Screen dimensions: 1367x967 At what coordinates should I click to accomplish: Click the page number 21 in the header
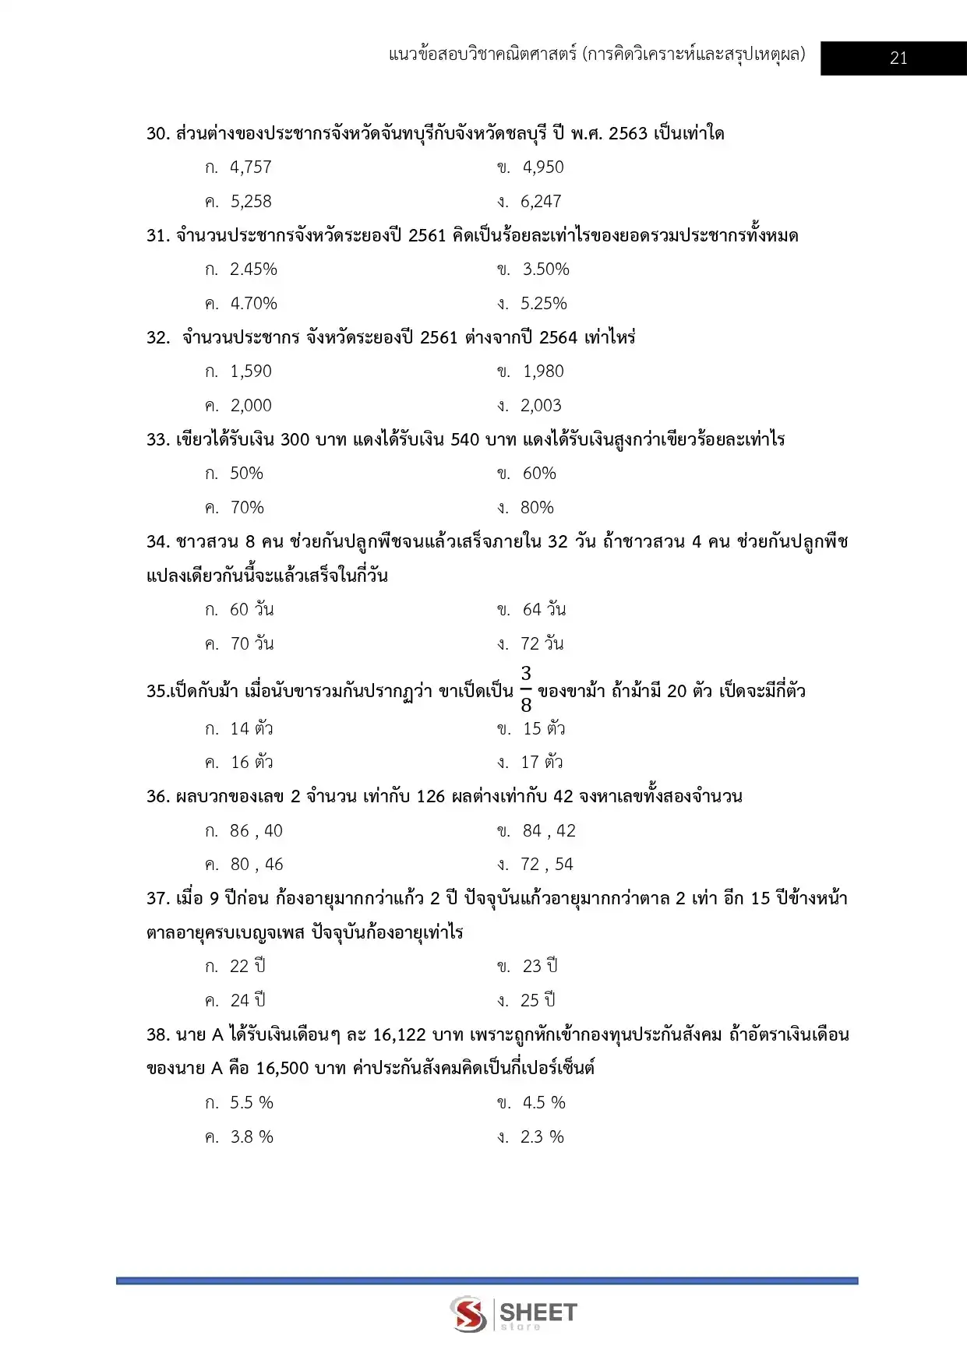click(898, 58)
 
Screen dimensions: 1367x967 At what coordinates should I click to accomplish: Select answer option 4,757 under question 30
click(250, 167)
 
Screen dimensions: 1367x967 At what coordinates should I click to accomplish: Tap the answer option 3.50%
click(545, 270)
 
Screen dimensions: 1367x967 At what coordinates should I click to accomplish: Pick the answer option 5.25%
click(543, 304)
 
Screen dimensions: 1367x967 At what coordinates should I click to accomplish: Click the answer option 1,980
click(542, 372)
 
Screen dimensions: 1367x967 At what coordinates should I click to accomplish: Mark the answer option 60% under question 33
click(538, 474)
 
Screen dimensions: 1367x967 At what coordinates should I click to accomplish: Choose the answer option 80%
click(537, 508)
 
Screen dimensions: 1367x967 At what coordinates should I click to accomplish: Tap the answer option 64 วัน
click(543, 610)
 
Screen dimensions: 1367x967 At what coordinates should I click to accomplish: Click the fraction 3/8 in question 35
click(526, 689)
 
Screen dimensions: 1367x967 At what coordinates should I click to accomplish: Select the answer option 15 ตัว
click(543, 729)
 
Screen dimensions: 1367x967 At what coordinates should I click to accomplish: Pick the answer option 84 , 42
click(549, 831)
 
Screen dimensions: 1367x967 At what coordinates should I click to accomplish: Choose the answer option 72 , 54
click(546, 865)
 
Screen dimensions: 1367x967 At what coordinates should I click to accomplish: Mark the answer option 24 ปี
click(248, 1000)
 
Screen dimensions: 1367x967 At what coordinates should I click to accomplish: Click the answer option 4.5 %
click(543, 1103)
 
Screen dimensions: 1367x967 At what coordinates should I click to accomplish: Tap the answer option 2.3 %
click(542, 1137)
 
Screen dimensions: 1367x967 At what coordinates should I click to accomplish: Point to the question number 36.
click(157, 797)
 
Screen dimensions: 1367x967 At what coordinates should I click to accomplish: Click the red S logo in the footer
click(468, 1314)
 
